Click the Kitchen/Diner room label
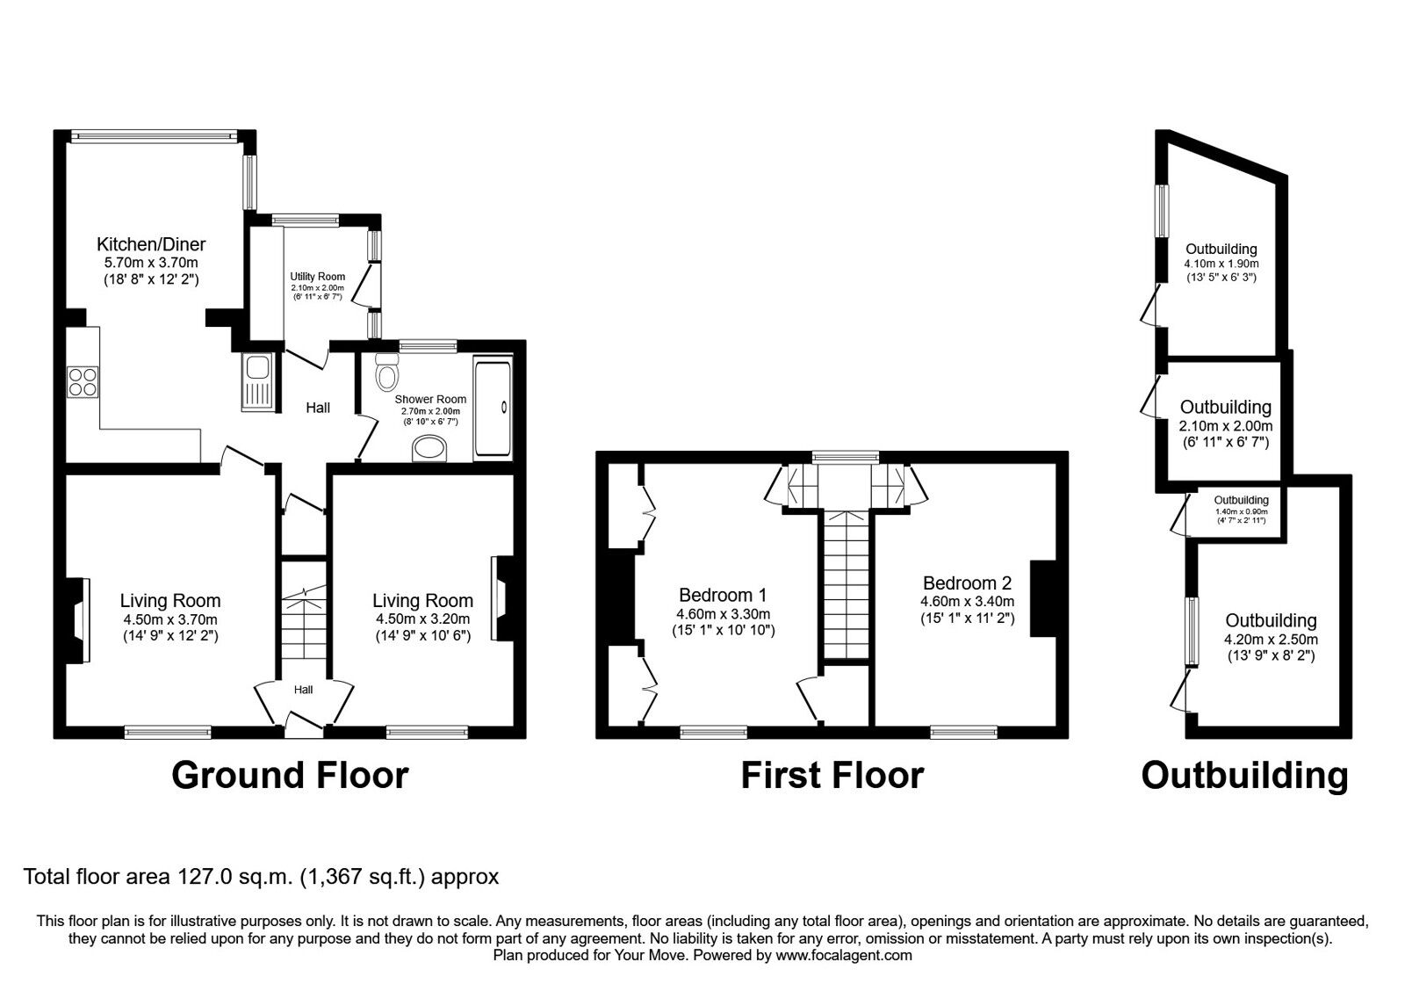pyautogui.click(x=151, y=244)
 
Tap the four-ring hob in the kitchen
pyautogui.click(x=83, y=382)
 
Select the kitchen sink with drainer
pyautogui.click(x=257, y=382)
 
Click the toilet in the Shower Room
pyautogui.click(x=387, y=373)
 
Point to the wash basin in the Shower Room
pyautogui.click(x=430, y=449)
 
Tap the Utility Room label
pyautogui.click(x=317, y=276)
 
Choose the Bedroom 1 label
pyautogui.click(x=723, y=594)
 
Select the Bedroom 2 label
pyautogui.click(x=967, y=583)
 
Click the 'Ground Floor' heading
pyautogui.click(x=290, y=775)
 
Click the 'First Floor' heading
pyautogui.click(x=832, y=775)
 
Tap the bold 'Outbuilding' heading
pyautogui.click(x=1244, y=776)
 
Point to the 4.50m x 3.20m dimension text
pyautogui.click(x=422, y=619)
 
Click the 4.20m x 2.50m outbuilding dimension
pyautogui.click(x=1271, y=640)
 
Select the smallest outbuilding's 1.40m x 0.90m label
pyautogui.click(x=1242, y=511)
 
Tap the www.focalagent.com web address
pyautogui.click(x=844, y=955)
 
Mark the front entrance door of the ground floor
pyautogui.click(x=304, y=721)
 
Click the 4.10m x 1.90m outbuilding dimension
pyautogui.click(x=1221, y=264)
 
